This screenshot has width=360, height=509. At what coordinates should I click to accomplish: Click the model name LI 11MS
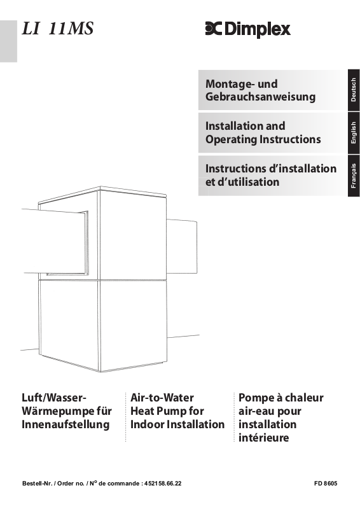[58, 28]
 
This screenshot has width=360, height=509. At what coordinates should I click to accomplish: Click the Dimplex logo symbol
[213, 29]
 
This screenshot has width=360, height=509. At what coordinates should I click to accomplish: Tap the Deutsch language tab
[354, 90]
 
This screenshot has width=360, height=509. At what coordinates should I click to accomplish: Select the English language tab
[354, 133]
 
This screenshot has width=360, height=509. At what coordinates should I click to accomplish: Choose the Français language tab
[354, 176]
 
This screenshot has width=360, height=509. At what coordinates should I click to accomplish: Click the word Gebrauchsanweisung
[260, 97]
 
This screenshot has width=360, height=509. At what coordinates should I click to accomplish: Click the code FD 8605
[326, 484]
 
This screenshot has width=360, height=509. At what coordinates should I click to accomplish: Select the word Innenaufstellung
[66, 424]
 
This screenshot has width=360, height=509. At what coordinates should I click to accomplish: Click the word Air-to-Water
[162, 398]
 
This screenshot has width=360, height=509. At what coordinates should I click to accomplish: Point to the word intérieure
[263, 438]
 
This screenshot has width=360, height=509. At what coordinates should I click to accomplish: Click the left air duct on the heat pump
[55, 242]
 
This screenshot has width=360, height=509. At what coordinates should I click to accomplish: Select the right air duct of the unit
[182, 246]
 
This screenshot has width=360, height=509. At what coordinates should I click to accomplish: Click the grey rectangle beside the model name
[8, 41]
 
